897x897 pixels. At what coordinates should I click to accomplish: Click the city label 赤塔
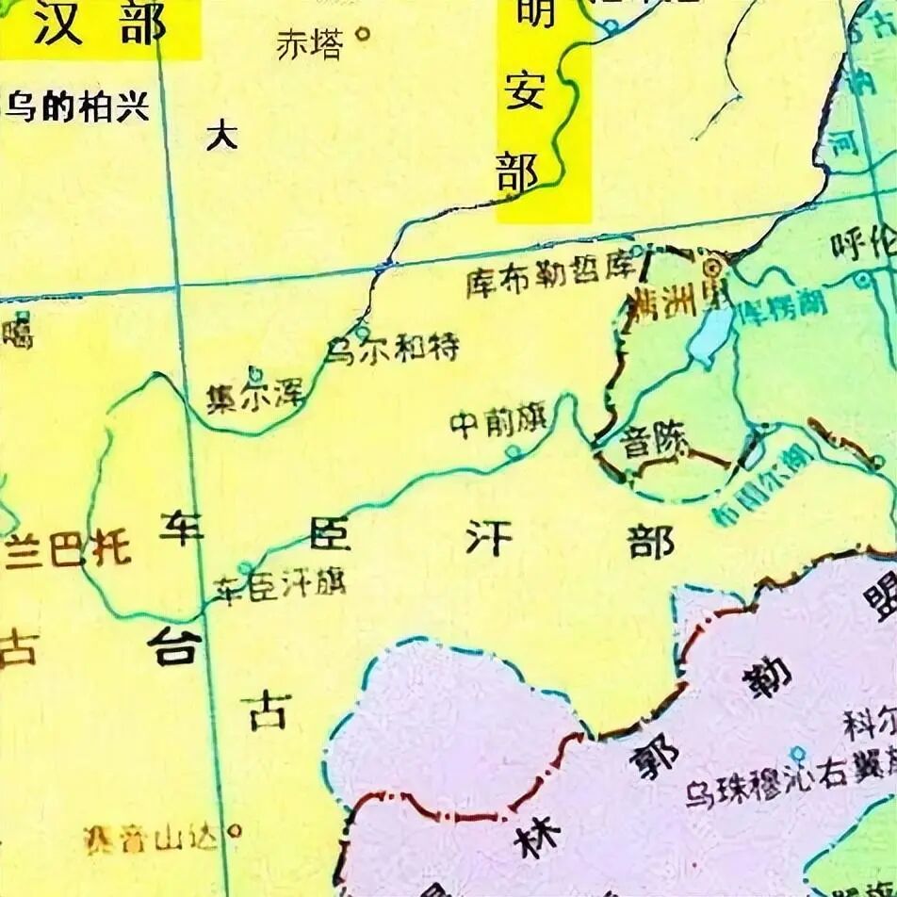point(309,44)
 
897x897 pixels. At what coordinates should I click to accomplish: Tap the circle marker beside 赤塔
point(361,37)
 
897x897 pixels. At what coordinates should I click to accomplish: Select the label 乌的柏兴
point(78,106)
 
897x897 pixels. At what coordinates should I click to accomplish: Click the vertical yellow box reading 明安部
point(544,108)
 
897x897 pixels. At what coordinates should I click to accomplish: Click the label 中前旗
point(498,424)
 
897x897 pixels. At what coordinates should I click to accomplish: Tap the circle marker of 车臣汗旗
point(245,568)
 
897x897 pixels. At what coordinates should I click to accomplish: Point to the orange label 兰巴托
point(68,550)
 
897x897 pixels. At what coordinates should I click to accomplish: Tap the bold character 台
point(174,647)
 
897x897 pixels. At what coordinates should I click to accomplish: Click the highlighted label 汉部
point(99,26)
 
